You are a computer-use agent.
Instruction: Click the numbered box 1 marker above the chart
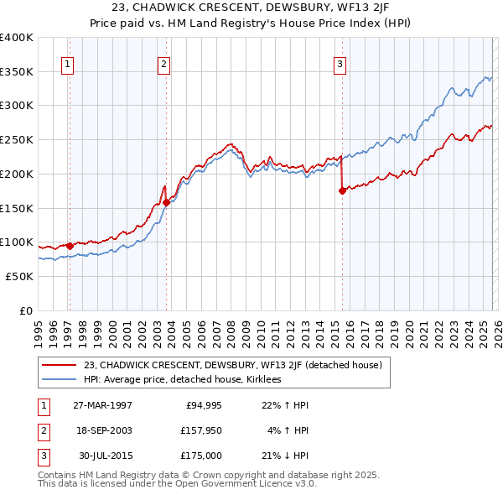67,63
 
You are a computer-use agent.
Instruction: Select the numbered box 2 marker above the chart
164,63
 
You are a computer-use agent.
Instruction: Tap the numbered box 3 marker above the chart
340,63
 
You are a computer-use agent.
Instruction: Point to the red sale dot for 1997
70,245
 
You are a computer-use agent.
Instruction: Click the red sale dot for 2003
166,201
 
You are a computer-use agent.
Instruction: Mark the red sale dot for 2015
342,190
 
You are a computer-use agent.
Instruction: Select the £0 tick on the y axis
25,310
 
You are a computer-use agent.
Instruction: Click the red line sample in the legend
59,365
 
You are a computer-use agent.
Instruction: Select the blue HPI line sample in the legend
59,379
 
